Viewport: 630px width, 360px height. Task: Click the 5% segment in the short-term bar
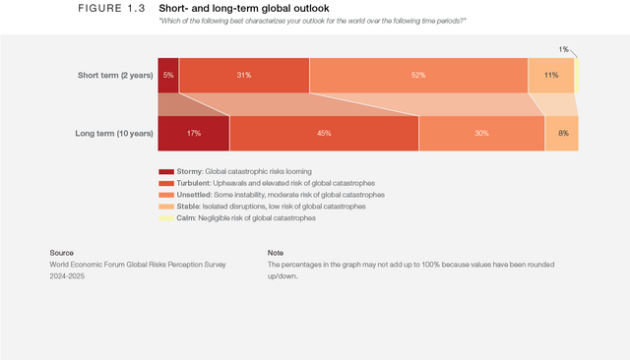tap(168, 76)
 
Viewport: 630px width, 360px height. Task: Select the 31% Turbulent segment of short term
tap(244, 76)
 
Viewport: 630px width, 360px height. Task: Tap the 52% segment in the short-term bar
tap(418, 76)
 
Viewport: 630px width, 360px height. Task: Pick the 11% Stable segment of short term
tap(551, 76)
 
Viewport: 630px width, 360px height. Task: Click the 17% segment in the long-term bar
tap(194, 133)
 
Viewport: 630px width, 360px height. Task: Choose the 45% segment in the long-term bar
tap(324, 133)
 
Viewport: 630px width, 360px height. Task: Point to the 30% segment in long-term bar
tap(481, 133)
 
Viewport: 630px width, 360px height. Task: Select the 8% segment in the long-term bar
tap(562, 133)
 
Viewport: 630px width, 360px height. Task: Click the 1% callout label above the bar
tap(563, 49)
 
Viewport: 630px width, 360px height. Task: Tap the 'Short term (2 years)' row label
tap(114, 76)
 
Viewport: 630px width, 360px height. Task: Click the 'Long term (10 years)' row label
tap(113, 133)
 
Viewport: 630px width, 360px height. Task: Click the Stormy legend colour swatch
tap(166, 172)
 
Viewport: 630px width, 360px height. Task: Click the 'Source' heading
tap(62, 253)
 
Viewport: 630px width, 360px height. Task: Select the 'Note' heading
tap(276, 253)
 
